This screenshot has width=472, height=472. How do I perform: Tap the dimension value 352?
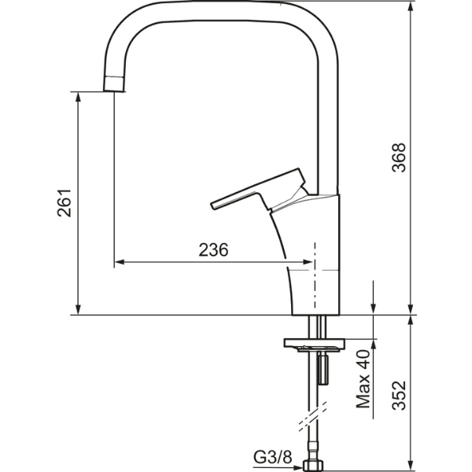(x=399, y=395)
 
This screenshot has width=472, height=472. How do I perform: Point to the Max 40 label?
(x=363, y=380)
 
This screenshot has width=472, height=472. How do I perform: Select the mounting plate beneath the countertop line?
(x=314, y=344)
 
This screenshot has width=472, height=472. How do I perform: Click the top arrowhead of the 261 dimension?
(x=79, y=96)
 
